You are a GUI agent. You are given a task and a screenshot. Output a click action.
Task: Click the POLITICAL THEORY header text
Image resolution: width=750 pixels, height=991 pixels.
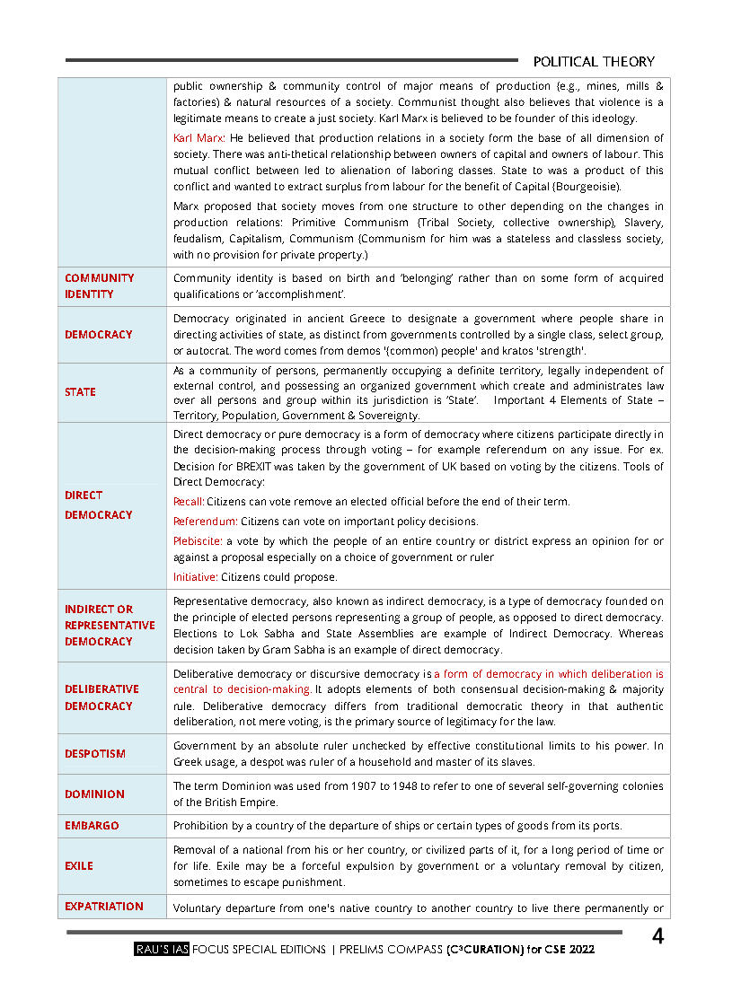point(594,61)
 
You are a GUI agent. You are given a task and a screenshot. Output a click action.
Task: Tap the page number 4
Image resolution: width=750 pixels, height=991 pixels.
point(657,938)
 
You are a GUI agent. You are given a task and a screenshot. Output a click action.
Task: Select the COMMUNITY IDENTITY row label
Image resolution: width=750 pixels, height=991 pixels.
point(99,286)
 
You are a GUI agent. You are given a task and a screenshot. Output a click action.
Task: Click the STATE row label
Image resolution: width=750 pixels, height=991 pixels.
point(80,392)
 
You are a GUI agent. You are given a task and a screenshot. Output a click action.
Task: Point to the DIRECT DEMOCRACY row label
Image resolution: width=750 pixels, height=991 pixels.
point(98,505)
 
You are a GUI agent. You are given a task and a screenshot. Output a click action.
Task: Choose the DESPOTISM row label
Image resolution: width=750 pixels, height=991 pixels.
point(95,754)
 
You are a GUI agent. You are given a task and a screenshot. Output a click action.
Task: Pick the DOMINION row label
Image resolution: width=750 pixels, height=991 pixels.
point(94,794)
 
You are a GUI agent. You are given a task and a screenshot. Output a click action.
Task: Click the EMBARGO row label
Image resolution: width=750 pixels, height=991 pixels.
point(92,826)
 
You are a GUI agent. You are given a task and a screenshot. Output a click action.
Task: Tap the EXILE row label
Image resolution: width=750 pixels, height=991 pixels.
point(79,866)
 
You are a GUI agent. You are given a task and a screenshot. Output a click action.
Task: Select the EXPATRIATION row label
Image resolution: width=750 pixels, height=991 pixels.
point(103,907)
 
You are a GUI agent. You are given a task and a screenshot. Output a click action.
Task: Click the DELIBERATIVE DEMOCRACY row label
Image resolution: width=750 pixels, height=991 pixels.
point(101,697)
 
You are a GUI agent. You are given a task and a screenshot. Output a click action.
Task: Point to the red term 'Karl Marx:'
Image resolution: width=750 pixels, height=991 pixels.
point(199,138)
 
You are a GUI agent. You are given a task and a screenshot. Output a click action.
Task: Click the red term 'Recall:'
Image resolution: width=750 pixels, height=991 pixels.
point(189,502)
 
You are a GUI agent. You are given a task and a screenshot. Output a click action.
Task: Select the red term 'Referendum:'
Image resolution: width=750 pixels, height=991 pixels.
point(206,522)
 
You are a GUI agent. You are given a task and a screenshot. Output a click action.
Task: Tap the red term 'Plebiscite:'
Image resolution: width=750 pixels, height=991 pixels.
point(198,541)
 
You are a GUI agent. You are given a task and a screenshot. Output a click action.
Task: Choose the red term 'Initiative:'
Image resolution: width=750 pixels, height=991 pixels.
point(196,577)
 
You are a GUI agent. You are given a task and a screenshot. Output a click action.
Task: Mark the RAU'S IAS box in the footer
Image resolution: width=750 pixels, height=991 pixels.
point(161,949)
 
